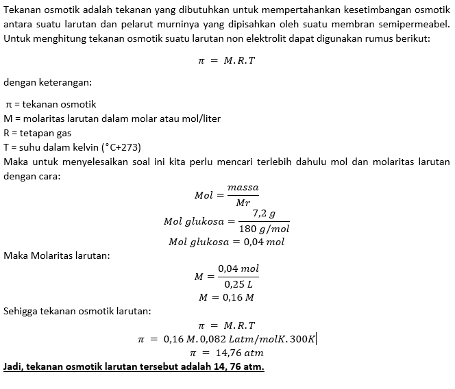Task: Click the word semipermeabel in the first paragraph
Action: click(415, 25)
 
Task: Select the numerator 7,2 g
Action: click(264, 214)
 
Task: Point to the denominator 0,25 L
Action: click(238, 284)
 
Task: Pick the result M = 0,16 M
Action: click(226, 297)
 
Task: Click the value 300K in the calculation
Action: click(301, 339)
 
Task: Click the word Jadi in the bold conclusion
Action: click(14, 366)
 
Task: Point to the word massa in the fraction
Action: click(243, 187)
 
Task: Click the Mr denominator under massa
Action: click(243, 202)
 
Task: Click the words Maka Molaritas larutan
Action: click(56, 255)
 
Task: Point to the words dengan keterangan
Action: click(47, 82)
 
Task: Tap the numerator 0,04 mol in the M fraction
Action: click(238, 269)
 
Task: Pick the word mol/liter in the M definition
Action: click(197, 118)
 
